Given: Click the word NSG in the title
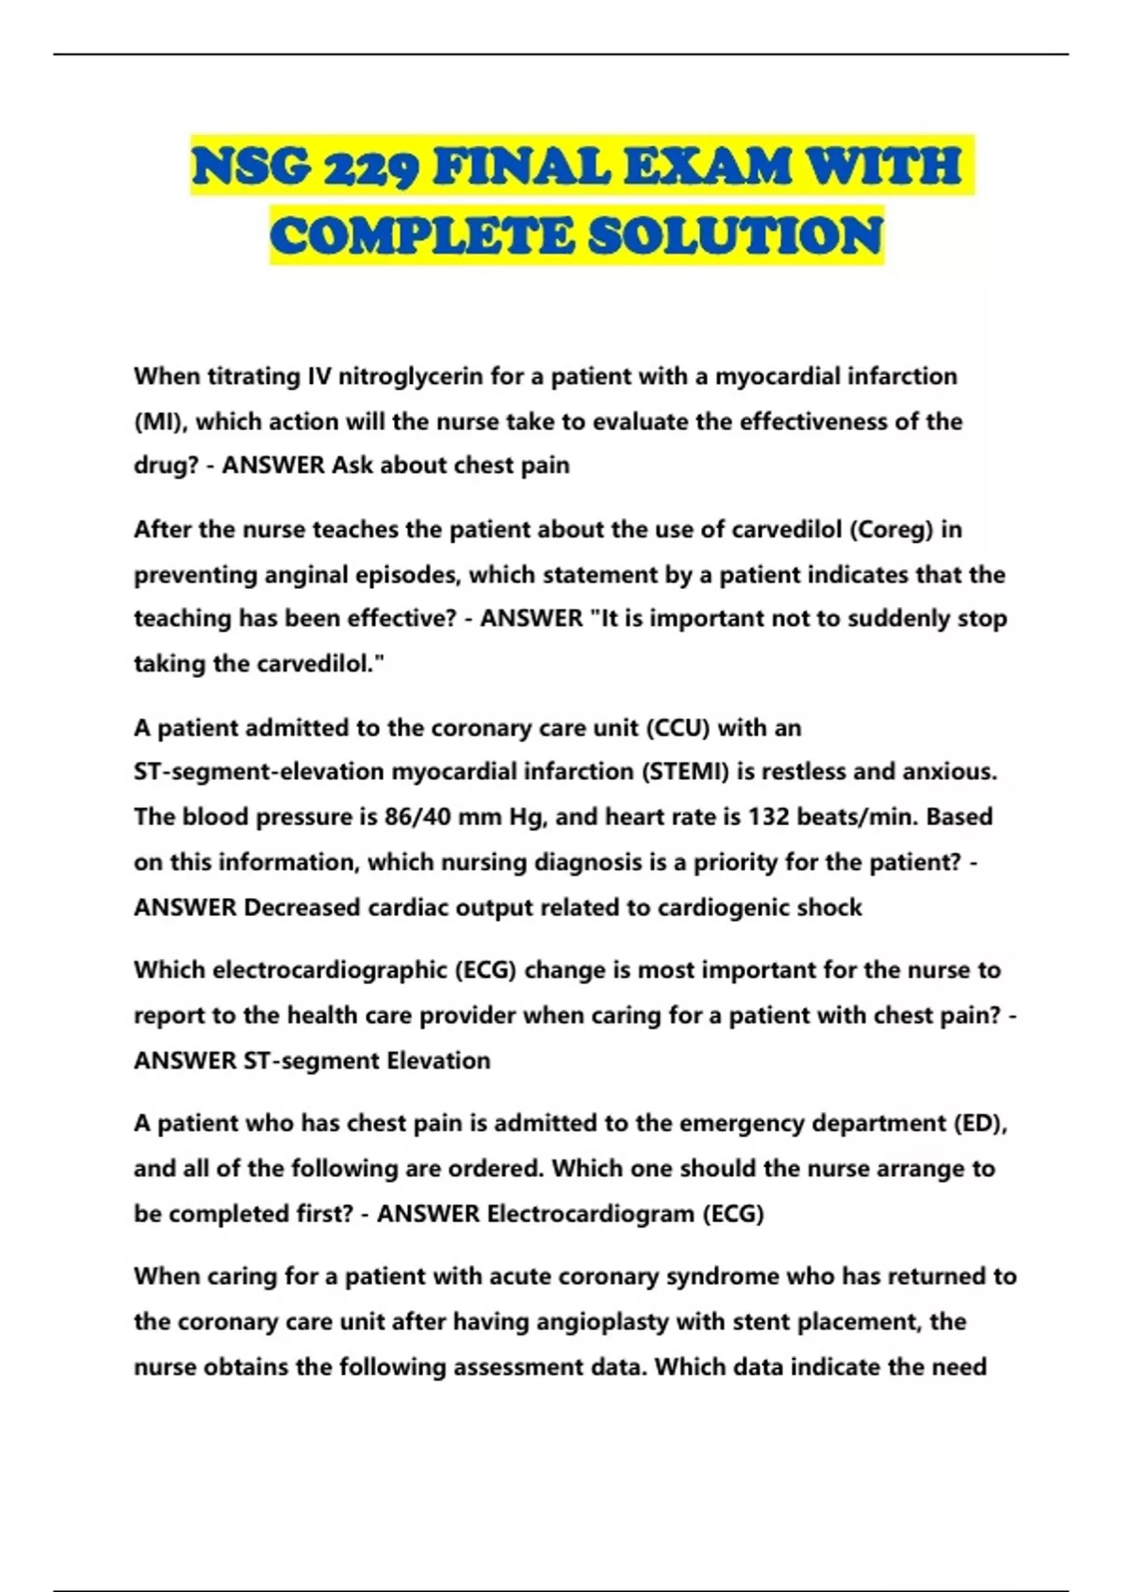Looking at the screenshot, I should [251, 167].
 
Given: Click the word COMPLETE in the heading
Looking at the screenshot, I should [422, 235].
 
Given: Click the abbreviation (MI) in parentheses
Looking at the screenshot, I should [160, 421].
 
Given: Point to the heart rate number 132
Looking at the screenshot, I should [767, 817].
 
